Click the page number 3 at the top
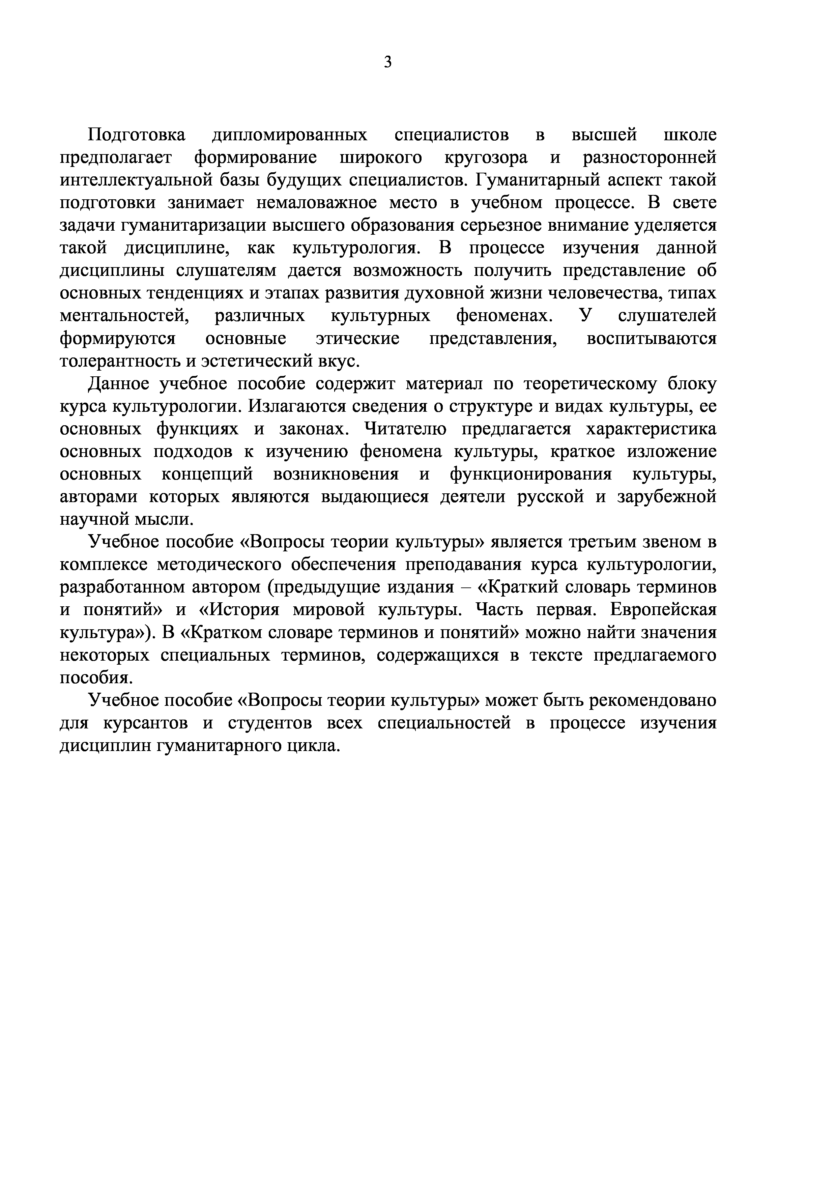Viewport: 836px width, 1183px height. pyautogui.click(x=388, y=62)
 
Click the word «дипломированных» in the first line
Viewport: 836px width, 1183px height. pyautogui.click(x=289, y=135)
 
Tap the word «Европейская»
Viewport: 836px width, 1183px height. pyautogui.click(x=664, y=609)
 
